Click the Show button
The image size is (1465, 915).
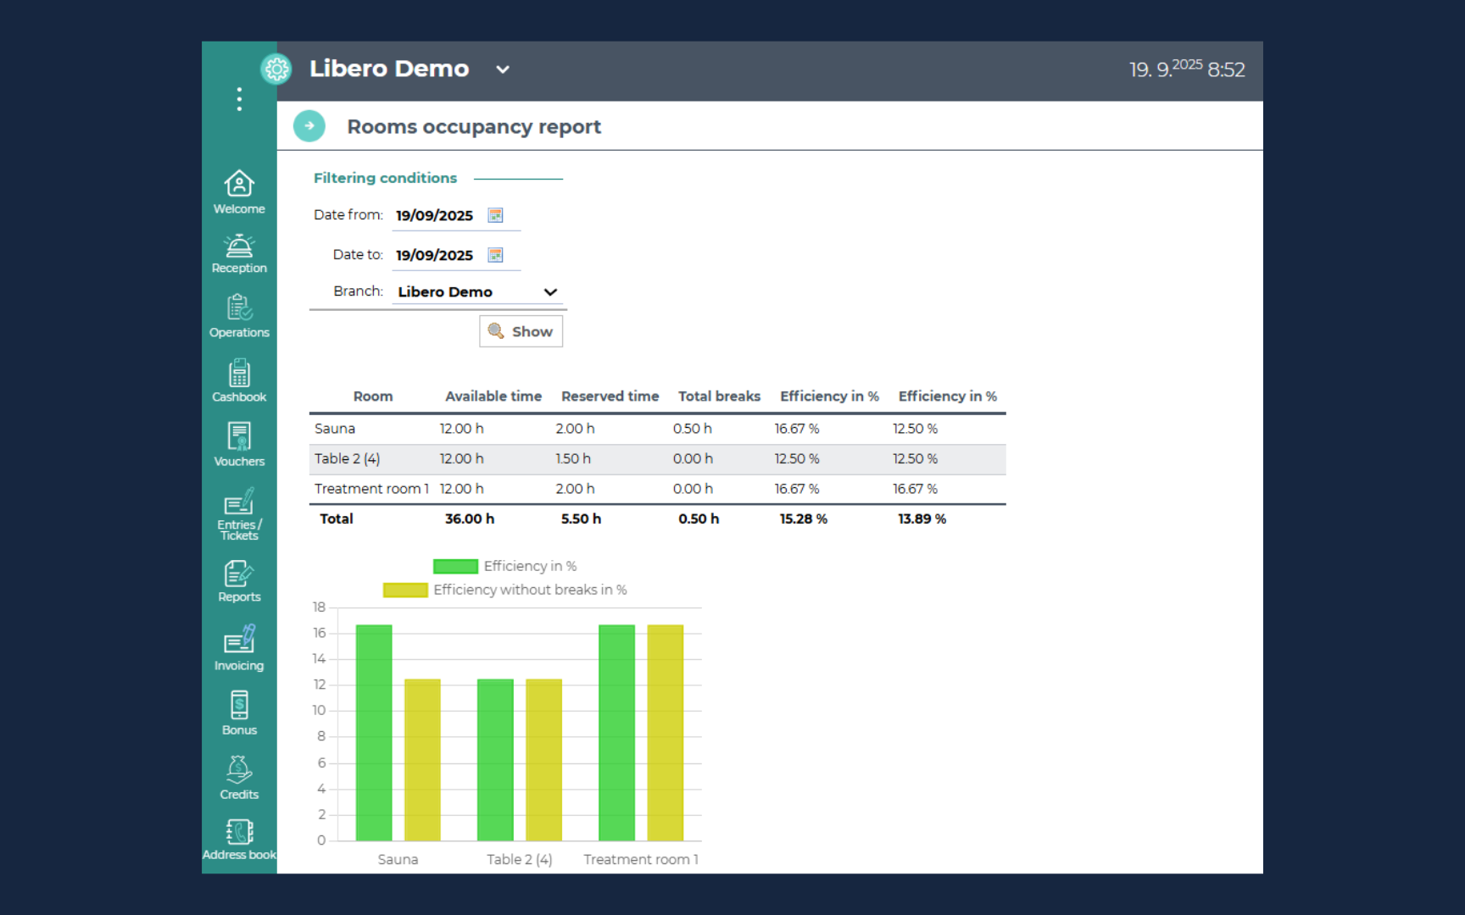tap(521, 331)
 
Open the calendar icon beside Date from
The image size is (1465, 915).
tap(496, 215)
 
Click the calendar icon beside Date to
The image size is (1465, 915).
tap(496, 255)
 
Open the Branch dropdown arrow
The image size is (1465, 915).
tap(550, 292)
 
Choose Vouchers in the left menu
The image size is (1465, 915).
tap(239, 445)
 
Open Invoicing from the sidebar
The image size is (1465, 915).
tap(239, 648)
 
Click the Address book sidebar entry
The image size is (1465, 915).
tap(239, 840)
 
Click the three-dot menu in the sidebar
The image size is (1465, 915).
tap(239, 99)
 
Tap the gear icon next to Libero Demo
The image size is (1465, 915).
tap(276, 69)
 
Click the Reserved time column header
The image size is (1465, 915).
tap(610, 396)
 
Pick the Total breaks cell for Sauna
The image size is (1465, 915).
tap(693, 429)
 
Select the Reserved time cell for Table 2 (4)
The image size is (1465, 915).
tap(573, 458)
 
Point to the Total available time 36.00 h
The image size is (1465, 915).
tap(470, 518)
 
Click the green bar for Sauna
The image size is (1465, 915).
tap(374, 733)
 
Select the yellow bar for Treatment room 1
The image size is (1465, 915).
tap(666, 733)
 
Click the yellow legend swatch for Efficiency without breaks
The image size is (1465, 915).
tap(405, 590)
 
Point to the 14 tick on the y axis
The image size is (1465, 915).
tap(319, 658)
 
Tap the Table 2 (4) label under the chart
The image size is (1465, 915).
tap(519, 859)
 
